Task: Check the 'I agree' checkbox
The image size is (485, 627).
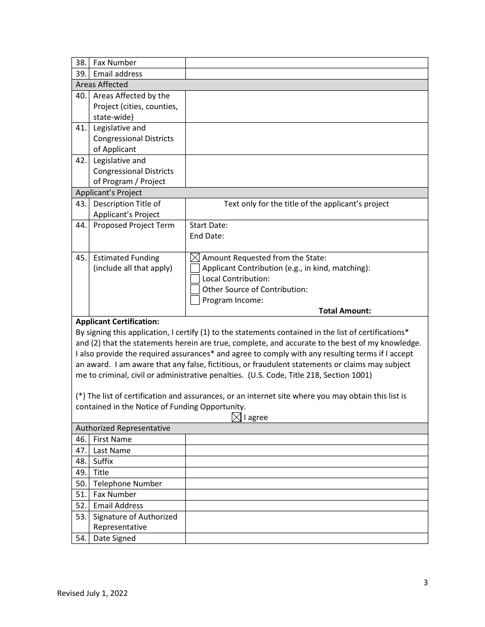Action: (x=236, y=417)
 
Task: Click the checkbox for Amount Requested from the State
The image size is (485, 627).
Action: (x=195, y=258)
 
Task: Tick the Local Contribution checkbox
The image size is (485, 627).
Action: (x=195, y=279)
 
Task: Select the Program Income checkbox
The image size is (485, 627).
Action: (x=195, y=300)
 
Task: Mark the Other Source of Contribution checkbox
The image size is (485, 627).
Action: (x=195, y=290)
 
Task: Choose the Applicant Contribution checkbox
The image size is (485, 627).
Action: (x=195, y=268)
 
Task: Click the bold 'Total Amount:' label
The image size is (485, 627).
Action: (x=345, y=311)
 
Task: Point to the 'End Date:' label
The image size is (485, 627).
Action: (x=207, y=236)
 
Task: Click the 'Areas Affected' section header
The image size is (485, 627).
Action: (x=102, y=85)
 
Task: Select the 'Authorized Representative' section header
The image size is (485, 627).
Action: (x=123, y=428)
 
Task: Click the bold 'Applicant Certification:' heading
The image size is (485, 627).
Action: (x=117, y=322)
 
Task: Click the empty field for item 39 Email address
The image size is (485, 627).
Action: (x=306, y=74)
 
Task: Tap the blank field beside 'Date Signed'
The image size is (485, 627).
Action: (x=306, y=538)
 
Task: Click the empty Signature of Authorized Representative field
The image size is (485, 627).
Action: (x=306, y=522)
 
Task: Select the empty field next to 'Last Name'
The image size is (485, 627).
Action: (x=306, y=451)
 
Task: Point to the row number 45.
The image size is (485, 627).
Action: (x=81, y=258)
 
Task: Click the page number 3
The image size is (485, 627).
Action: (x=425, y=583)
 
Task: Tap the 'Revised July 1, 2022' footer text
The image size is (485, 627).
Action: (x=92, y=593)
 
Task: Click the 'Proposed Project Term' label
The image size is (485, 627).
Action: (x=134, y=225)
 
